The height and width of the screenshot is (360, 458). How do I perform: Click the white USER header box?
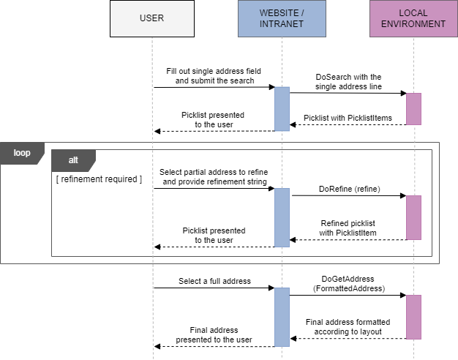(152, 18)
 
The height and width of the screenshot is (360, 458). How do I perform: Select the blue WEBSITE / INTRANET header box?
(282, 18)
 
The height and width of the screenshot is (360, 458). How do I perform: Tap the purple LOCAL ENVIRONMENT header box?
(413, 18)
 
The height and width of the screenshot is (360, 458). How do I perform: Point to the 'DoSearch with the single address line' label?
(348, 81)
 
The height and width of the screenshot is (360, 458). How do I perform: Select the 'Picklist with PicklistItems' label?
(348, 118)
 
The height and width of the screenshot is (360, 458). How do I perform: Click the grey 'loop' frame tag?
(22, 153)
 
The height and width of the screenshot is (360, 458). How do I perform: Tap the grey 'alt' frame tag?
(73, 159)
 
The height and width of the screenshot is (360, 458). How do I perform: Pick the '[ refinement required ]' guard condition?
(100, 179)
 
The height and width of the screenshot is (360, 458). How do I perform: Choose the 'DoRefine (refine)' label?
(349, 189)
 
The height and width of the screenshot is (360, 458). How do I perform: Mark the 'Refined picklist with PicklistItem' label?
(348, 228)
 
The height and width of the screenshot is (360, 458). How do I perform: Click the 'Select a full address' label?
(214, 281)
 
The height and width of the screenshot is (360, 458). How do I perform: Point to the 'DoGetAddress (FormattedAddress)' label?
(348, 284)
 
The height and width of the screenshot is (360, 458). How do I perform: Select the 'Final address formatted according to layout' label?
(348, 326)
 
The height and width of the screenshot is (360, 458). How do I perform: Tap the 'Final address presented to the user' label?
(214, 334)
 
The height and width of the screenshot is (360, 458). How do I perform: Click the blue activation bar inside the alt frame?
(282, 217)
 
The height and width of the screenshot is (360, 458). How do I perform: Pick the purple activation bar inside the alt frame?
(413, 217)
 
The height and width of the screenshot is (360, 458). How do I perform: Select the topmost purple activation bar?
(413, 109)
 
